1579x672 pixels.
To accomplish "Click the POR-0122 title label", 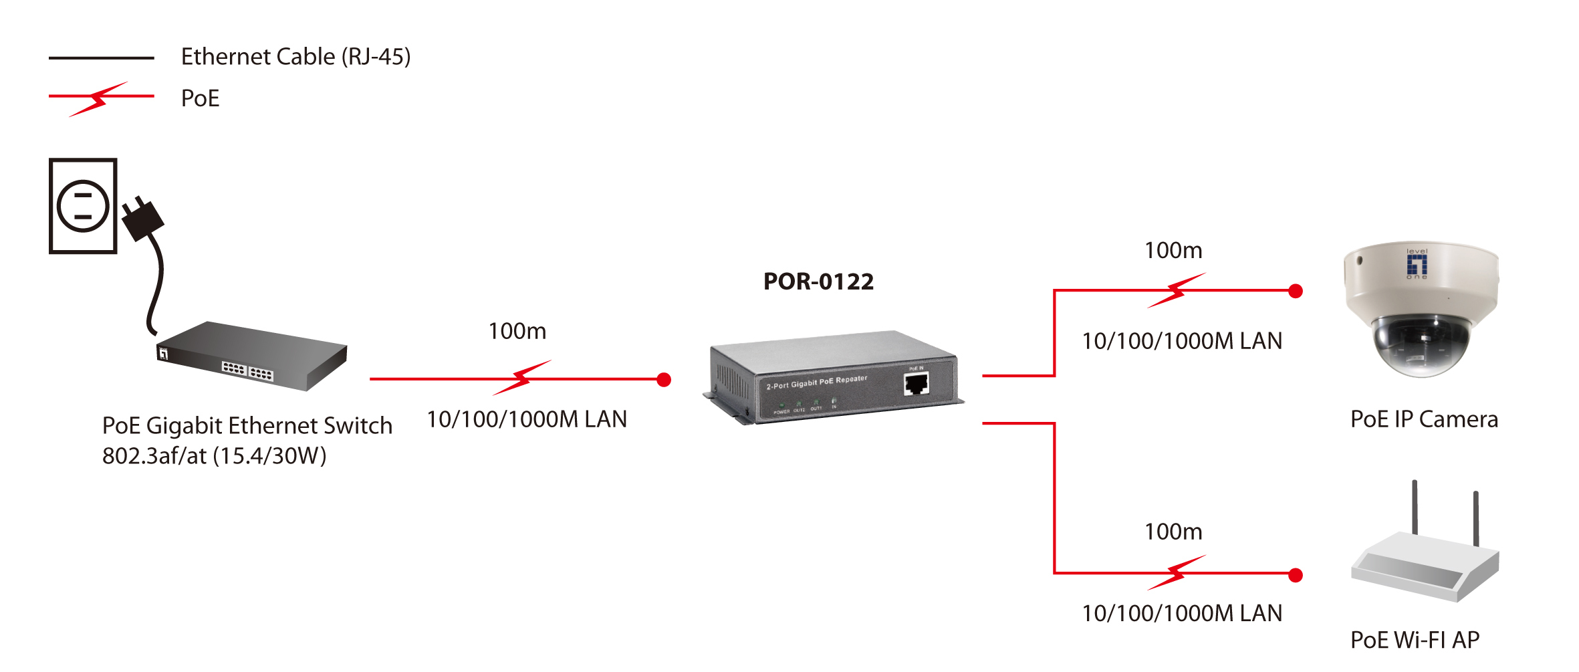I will point(818,282).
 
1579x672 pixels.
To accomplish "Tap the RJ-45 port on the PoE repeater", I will point(916,384).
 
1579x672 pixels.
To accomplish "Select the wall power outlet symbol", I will point(83,206).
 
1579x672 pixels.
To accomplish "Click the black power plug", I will point(142,219).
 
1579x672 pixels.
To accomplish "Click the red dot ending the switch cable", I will point(664,380).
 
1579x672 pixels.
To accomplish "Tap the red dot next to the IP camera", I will point(1296,291).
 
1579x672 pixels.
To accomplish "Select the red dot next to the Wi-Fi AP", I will point(1296,575).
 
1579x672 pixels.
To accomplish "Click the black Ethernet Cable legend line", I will point(101,58).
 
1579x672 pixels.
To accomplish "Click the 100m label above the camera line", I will point(1173,250).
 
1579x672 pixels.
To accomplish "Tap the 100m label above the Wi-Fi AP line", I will point(1173,532).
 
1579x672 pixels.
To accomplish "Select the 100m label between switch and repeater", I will point(517,331).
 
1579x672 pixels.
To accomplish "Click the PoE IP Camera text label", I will point(1424,419).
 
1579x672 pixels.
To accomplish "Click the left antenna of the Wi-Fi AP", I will point(1415,506).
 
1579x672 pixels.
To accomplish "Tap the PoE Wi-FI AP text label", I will point(1415,640).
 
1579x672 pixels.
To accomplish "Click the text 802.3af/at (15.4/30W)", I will point(214,456).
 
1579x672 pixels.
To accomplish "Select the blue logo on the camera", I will point(1417,263).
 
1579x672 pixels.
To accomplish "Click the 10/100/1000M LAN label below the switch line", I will point(527,419).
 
